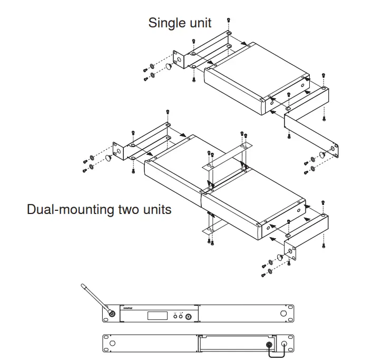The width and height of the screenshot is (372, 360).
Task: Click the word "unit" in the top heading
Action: (200, 23)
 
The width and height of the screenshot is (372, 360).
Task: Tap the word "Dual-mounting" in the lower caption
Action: (70, 209)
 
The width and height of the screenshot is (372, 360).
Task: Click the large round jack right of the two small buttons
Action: (188, 316)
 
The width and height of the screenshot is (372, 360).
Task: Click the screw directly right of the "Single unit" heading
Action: (228, 21)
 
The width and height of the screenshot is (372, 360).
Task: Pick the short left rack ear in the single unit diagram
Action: (178, 61)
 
